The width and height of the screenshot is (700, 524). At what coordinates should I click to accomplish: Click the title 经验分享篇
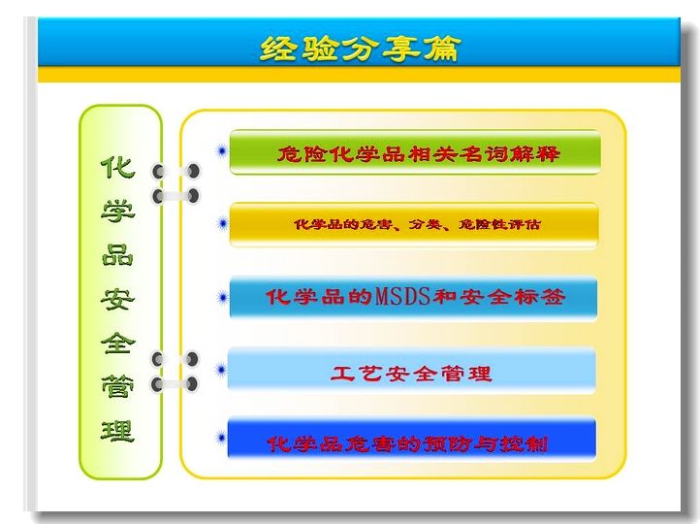point(360,49)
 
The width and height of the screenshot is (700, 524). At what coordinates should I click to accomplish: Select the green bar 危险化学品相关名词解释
point(415,152)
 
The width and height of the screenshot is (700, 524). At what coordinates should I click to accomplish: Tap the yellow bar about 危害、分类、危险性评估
point(414,224)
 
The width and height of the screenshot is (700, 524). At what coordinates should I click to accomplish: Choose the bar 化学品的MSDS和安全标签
point(413,298)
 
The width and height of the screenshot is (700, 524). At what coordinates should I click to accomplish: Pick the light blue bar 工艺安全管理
point(412,372)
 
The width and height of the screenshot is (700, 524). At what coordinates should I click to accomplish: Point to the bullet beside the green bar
point(221,151)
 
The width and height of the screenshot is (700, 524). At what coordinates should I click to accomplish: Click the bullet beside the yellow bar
point(222,223)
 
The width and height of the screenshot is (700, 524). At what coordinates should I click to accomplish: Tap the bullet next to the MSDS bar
point(222,298)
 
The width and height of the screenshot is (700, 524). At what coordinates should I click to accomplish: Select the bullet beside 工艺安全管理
point(221,370)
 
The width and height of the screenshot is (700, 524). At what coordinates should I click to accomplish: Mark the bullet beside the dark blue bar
point(221,438)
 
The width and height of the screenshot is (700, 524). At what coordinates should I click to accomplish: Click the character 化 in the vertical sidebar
point(117,168)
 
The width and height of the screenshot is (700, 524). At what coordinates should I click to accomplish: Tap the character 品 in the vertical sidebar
point(117,255)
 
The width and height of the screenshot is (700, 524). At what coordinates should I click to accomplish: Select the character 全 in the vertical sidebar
point(117,343)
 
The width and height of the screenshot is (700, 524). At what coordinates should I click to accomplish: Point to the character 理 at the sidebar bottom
point(117,431)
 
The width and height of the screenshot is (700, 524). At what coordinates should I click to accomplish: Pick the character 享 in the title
point(400,49)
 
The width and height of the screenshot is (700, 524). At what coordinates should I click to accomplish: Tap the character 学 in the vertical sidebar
point(117,212)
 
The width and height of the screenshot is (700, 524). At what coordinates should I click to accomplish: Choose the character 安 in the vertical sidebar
point(117,299)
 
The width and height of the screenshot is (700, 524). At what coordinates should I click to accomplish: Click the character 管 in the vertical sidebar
point(117,387)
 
